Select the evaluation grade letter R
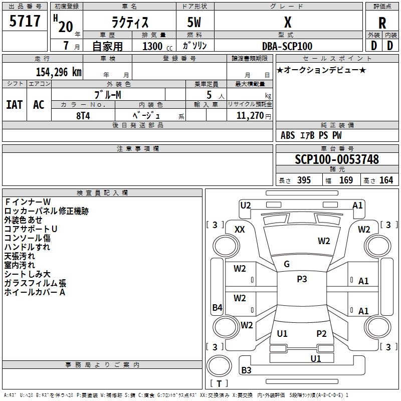click(382, 23)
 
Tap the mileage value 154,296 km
click(59, 72)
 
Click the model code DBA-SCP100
click(287, 46)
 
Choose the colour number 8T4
click(83, 115)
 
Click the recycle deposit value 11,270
click(249, 115)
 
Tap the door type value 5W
click(195, 23)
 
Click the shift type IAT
click(14, 104)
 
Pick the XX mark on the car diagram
click(240, 229)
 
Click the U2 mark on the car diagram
click(246, 205)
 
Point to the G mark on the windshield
click(287, 264)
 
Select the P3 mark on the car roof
click(302, 279)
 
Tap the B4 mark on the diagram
click(217, 308)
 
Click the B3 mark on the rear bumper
click(246, 370)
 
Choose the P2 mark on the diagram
click(321, 333)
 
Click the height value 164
click(386, 180)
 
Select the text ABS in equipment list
click(288, 135)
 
